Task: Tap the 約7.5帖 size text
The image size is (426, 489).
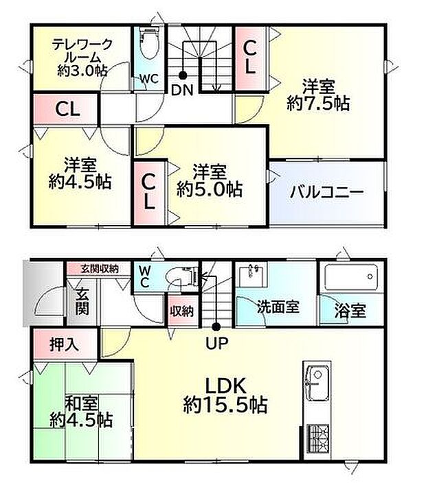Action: pos(318,104)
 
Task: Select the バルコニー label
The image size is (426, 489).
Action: pos(326,192)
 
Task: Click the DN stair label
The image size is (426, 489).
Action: pos(182,89)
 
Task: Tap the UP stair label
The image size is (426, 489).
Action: pos(215,341)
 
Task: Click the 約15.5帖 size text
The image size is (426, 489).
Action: pos(225,405)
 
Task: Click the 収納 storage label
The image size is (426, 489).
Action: pos(181,311)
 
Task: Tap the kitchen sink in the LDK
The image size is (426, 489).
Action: pos(317,381)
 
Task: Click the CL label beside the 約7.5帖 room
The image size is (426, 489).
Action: pos(250,57)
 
